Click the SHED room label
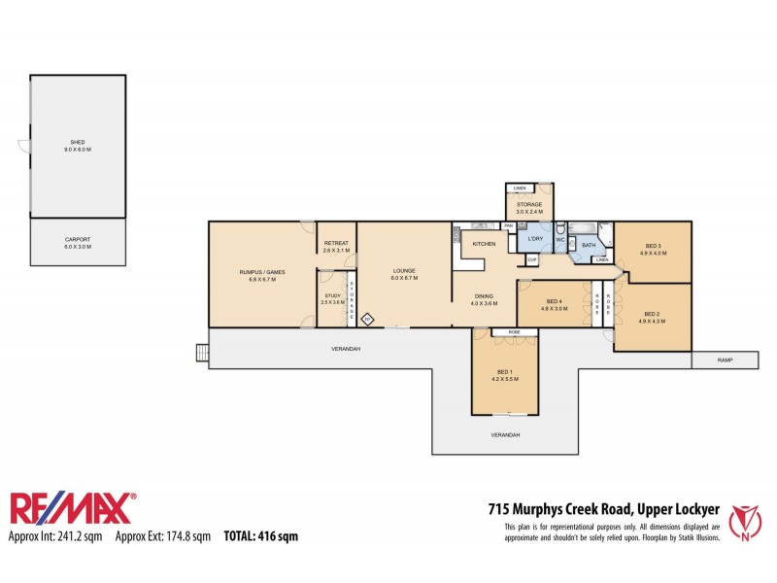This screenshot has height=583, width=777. (77, 143)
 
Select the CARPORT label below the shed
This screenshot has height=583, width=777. (77, 238)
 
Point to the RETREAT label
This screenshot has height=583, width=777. (336, 243)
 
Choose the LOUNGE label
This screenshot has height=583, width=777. (403, 271)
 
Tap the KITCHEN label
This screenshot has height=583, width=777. (484, 243)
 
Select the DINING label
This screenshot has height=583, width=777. (484, 296)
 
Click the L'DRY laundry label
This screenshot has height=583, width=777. (533, 238)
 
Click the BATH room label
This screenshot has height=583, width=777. (588, 245)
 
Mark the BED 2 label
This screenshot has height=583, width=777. (652, 313)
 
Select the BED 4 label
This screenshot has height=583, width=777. (554, 301)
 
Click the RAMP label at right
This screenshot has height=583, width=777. (725, 360)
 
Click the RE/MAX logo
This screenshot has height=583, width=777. (73, 509)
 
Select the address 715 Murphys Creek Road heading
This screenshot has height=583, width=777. (602, 508)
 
